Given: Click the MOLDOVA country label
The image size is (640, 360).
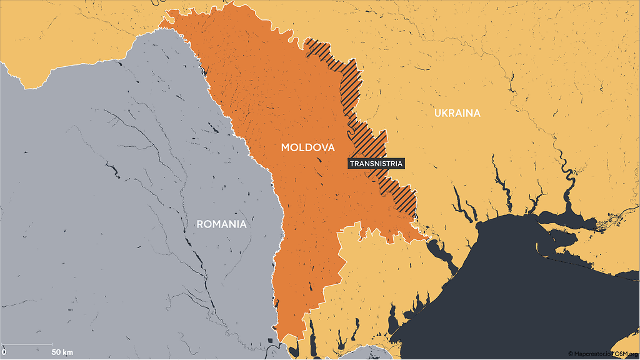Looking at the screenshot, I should pos(307,148).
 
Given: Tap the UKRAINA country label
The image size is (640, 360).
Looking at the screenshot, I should pos(457,113).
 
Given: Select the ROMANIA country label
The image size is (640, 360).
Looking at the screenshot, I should pos(221,224).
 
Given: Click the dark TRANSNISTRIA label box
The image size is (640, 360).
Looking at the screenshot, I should pos(376,164).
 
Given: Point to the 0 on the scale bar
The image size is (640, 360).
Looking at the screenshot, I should pos(4,352).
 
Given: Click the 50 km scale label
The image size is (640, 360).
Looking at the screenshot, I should pos(62,352).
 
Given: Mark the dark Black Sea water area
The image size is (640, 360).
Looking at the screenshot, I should pos(531,294).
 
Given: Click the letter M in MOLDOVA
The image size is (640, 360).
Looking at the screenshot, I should pos(285,148).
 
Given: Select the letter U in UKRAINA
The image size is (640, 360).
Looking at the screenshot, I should pos(437,113).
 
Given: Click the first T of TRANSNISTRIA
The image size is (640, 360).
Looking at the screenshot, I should pos(352,164).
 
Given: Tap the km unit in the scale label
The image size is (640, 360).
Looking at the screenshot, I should pos(67,352).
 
